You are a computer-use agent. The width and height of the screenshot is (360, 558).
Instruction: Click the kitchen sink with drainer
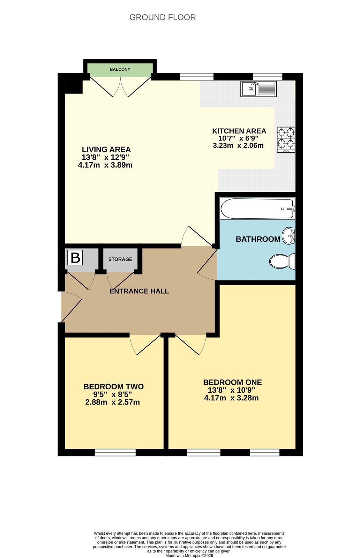pyautogui.click(x=258, y=89)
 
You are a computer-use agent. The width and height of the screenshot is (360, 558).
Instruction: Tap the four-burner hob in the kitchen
pyautogui.click(x=286, y=140)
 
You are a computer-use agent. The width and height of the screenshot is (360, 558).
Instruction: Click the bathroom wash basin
pyautogui.click(x=288, y=236)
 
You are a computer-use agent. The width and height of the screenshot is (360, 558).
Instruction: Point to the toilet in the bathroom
pyautogui.click(x=282, y=261)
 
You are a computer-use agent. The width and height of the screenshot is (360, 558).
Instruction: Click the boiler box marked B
pyautogui.click(x=75, y=258)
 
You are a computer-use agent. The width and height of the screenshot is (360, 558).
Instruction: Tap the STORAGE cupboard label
pyautogui.click(x=120, y=259)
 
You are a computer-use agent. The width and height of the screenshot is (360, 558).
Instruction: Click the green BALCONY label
pyautogui.click(x=120, y=69)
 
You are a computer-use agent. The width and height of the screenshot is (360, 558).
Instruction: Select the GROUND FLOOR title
pyautogui.click(x=163, y=17)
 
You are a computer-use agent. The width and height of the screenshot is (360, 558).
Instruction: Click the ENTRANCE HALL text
pyautogui.click(x=139, y=291)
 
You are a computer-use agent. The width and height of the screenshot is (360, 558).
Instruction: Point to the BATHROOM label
pyautogui.click(x=258, y=239)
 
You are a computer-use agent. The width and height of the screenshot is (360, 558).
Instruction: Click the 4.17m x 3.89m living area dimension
pyautogui.click(x=105, y=165)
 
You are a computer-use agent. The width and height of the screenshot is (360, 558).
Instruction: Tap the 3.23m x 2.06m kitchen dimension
pyautogui.click(x=238, y=145)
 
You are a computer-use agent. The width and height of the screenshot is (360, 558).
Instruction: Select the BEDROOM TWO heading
pyautogui.click(x=114, y=387)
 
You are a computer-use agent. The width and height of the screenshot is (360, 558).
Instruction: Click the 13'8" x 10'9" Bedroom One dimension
pyautogui.click(x=231, y=390)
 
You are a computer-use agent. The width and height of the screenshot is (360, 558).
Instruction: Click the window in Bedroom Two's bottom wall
pyautogui.click(x=115, y=452)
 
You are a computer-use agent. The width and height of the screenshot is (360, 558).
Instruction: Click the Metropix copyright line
pyautogui.click(x=189, y=555)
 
